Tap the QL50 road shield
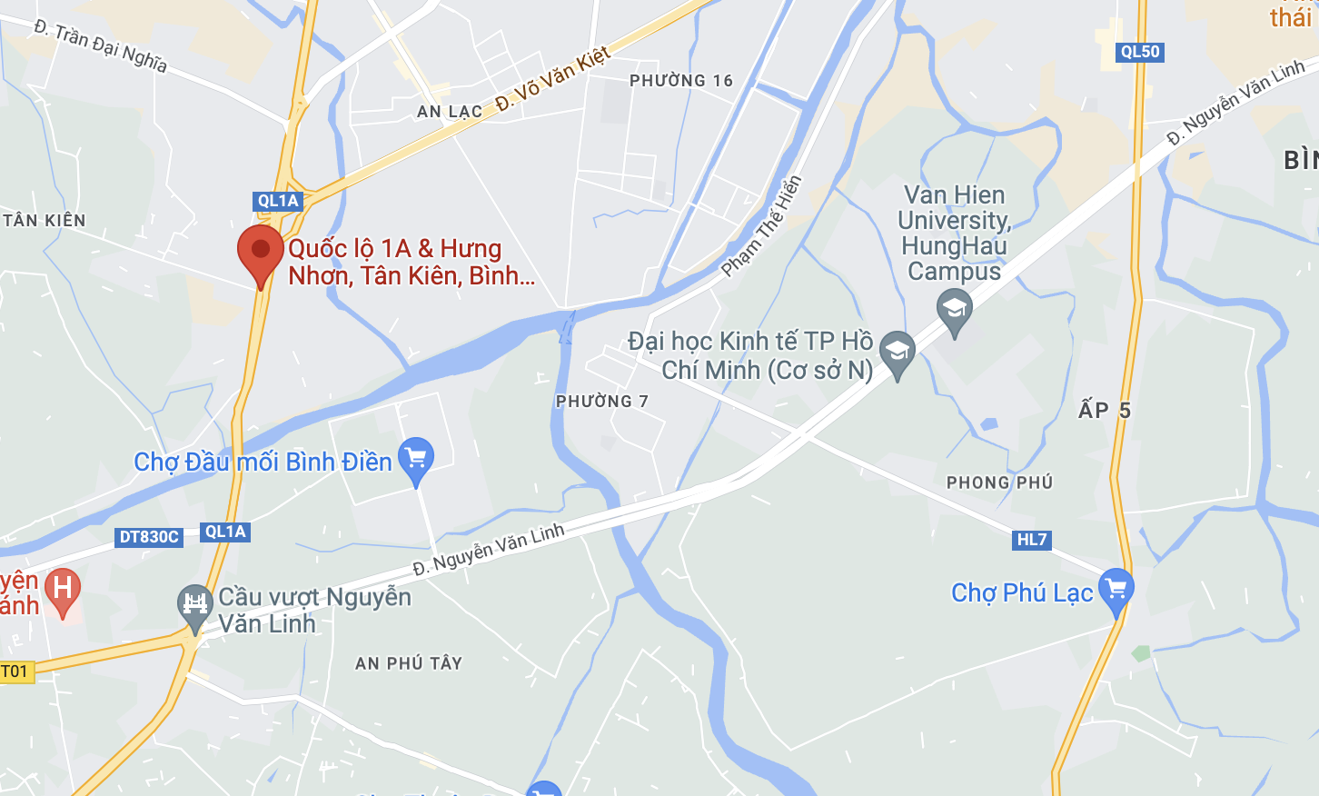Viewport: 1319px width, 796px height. point(1139,52)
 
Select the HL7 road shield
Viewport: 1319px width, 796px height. point(1031,540)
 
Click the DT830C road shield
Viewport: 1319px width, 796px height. point(150,537)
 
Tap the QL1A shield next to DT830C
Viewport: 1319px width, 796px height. point(225,532)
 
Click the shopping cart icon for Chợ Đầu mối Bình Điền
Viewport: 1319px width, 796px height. point(416,458)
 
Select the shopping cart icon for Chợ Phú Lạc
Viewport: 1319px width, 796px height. point(1116,589)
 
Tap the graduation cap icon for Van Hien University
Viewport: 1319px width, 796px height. point(954,310)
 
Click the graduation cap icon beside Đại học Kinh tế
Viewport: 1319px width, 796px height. point(898,352)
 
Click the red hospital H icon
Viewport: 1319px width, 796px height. point(63,589)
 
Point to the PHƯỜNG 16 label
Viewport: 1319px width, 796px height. point(681,81)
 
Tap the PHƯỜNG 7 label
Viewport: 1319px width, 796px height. point(602,402)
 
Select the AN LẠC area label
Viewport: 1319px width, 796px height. point(450,112)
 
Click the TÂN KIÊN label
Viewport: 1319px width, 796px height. point(45,221)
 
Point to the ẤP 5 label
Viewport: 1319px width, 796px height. point(1104,411)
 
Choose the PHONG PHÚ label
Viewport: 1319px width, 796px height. point(999,483)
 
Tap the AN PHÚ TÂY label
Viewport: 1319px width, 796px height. point(409,663)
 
